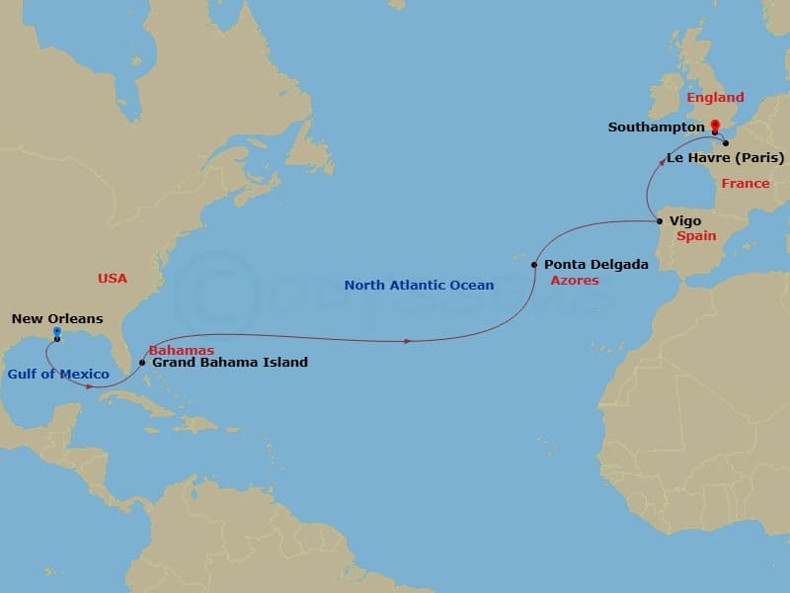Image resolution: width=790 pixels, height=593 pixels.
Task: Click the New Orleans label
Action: [57, 319]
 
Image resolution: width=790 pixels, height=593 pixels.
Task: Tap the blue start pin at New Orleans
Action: [57, 333]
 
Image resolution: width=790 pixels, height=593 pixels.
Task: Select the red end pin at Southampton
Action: [715, 126]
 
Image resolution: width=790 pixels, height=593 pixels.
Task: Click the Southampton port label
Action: [656, 127]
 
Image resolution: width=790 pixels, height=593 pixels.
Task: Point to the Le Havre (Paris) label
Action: [726, 158]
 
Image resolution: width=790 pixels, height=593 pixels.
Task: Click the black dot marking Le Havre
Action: [726, 143]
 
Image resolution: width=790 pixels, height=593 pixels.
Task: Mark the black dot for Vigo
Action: [661, 221]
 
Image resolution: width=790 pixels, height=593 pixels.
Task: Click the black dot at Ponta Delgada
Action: [534, 265]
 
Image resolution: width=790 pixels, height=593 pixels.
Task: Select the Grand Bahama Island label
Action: [229, 363]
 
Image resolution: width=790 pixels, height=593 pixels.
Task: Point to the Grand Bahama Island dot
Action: [144, 363]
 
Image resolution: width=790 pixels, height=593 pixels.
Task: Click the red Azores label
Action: [574, 281]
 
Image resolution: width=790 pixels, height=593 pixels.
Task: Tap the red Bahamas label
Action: [181, 350]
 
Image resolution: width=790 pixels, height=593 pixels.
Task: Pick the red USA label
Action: [113, 279]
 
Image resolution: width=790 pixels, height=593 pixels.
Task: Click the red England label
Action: [715, 98]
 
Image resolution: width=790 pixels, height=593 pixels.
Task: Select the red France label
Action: [745, 184]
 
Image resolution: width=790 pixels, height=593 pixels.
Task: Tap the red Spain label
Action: [696, 237]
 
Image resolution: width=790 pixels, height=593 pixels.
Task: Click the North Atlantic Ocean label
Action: [419, 286]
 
